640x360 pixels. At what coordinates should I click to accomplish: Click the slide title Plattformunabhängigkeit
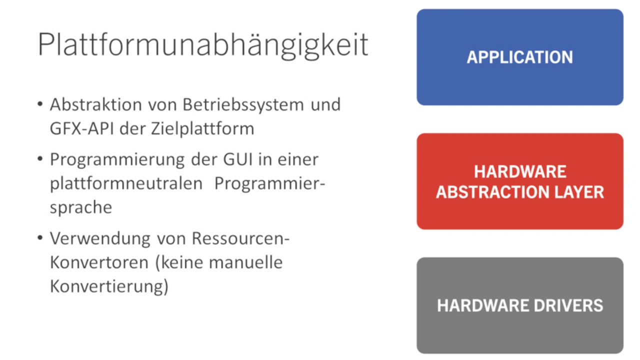[203, 45]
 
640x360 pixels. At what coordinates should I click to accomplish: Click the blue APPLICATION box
[520, 57]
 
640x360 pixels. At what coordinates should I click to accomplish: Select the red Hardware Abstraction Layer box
[520, 181]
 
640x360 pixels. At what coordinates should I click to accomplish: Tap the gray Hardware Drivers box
[520, 305]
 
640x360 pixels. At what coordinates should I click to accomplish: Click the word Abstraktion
[96, 104]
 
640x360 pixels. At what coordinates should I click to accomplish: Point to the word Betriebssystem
[243, 104]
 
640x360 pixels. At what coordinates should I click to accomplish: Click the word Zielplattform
[202, 129]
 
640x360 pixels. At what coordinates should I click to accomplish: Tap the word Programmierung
[117, 160]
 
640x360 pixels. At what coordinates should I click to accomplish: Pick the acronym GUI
[238, 159]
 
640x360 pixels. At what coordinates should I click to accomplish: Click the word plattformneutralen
[126, 183]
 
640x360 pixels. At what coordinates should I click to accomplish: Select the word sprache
[81, 207]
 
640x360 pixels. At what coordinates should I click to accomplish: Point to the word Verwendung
[100, 239]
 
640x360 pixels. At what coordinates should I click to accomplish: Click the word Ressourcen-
[240, 238]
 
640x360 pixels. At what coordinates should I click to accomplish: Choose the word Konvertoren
[99, 262]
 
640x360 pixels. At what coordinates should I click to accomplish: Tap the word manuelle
[245, 262]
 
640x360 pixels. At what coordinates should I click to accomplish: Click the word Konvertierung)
[109, 287]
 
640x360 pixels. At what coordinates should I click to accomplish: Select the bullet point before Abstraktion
[40, 103]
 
